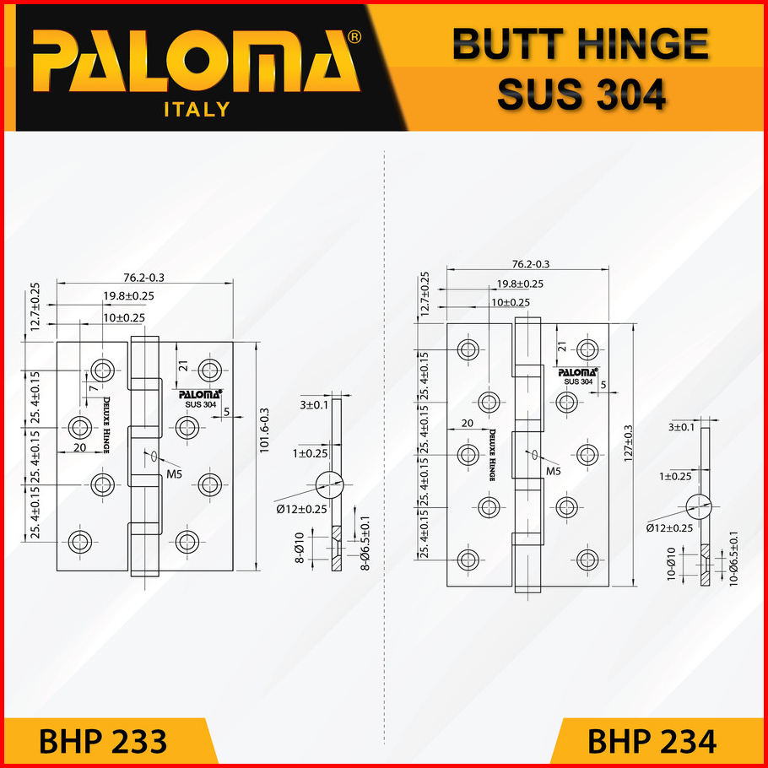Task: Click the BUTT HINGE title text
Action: click(x=580, y=45)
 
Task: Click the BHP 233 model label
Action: click(x=103, y=742)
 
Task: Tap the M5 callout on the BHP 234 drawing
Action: click(x=554, y=470)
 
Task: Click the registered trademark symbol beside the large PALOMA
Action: click(x=355, y=38)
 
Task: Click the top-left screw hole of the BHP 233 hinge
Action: click(x=104, y=369)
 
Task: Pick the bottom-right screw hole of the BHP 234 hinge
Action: click(x=587, y=558)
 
